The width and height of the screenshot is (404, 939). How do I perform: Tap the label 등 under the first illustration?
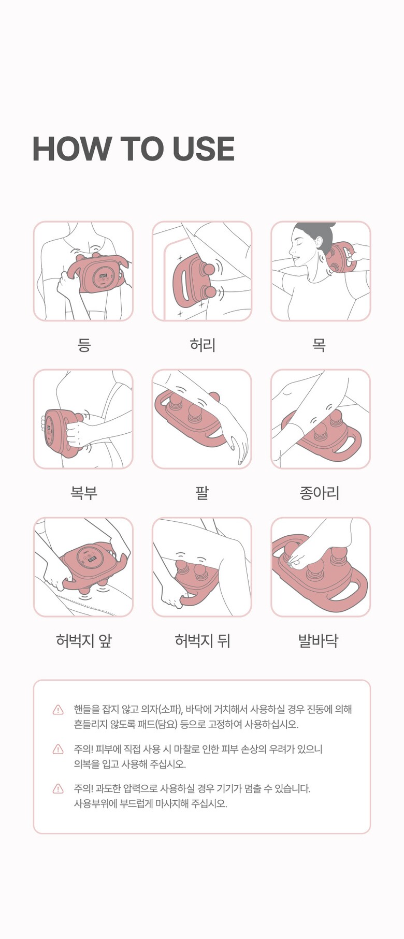(84, 344)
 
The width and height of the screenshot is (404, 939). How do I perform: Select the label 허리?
(203, 344)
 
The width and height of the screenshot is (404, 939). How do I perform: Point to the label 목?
(319, 344)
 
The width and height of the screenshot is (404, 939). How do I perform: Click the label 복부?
(84, 492)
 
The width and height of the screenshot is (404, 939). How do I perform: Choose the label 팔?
(202, 492)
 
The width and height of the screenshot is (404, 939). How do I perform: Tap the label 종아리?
(320, 492)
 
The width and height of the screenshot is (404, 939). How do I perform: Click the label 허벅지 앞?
(84, 641)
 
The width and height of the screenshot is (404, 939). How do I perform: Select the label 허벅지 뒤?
(203, 641)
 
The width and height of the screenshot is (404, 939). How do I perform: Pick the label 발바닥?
(319, 641)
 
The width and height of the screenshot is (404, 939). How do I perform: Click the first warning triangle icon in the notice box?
(58, 710)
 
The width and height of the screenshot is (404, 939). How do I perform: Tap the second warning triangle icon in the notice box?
(58, 749)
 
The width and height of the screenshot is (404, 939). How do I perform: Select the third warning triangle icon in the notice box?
(58, 789)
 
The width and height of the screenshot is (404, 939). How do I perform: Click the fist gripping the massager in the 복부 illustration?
(78, 433)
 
